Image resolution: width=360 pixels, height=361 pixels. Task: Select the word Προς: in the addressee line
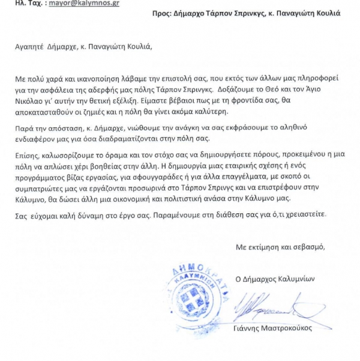click(137, 13)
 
